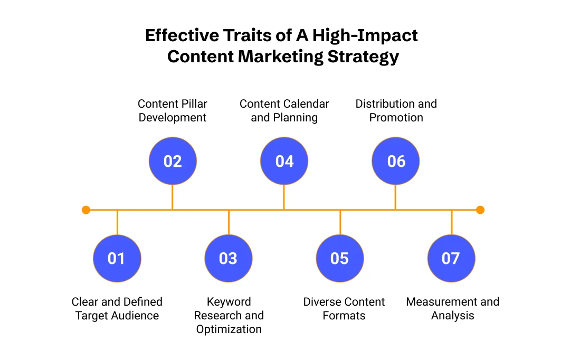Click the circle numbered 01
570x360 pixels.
click(x=117, y=259)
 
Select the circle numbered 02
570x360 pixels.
click(x=173, y=161)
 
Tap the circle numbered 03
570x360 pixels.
click(x=229, y=259)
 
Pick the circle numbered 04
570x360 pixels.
click(x=284, y=161)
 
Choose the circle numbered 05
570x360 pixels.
click(x=340, y=259)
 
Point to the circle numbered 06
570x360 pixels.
click(x=396, y=161)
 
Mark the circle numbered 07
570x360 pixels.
click(x=451, y=259)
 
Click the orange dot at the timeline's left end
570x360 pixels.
click(x=86, y=210)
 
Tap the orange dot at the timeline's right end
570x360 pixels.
click(x=480, y=210)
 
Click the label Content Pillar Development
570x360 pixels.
click(x=173, y=110)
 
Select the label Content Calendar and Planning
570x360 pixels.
click(x=284, y=110)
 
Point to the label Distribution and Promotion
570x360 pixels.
click(x=396, y=110)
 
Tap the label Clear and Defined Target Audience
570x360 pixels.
click(x=117, y=309)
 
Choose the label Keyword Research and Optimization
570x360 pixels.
click(x=229, y=315)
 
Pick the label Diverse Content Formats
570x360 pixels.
click(x=344, y=309)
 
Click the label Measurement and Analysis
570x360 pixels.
click(x=452, y=309)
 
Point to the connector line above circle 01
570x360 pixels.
click(x=117, y=222)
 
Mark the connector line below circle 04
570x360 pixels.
click(x=284, y=197)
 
